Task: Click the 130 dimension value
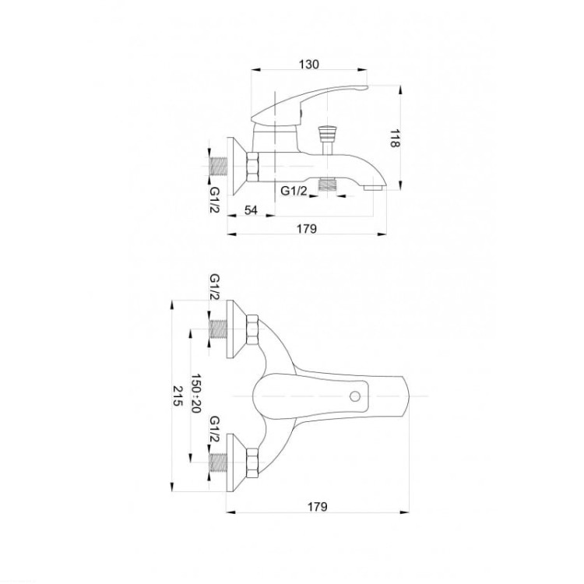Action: click(309, 65)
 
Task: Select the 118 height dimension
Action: click(394, 138)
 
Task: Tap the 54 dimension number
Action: click(251, 210)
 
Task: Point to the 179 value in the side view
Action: click(307, 228)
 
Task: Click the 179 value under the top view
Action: click(318, 507)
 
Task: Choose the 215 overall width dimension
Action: click(178, 395)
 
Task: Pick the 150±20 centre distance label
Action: click(196, 393)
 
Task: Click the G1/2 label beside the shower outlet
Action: click(294, 191)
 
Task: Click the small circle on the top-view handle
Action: click(355, 396)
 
